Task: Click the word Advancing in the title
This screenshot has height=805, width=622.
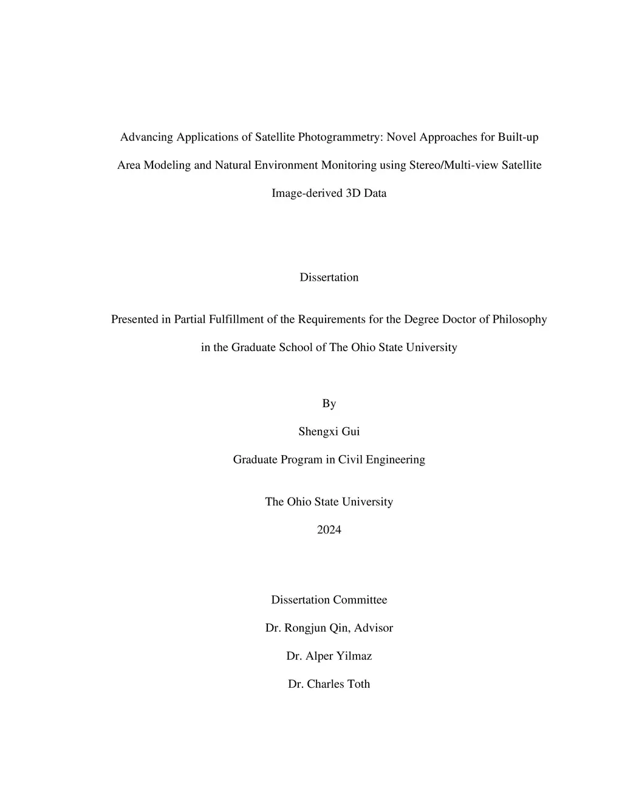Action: (x=146, y=137)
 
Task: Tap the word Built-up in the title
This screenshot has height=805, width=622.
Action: (x=518, y=137)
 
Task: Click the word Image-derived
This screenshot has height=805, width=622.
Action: (x=307, y=193)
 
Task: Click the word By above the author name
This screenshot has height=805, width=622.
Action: (x=329, y=404)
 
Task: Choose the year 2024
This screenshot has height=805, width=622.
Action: (x=329, y=530)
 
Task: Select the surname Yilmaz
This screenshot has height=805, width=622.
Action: (x=350, y=656)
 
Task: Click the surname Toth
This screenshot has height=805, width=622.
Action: (x=358, y=684)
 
